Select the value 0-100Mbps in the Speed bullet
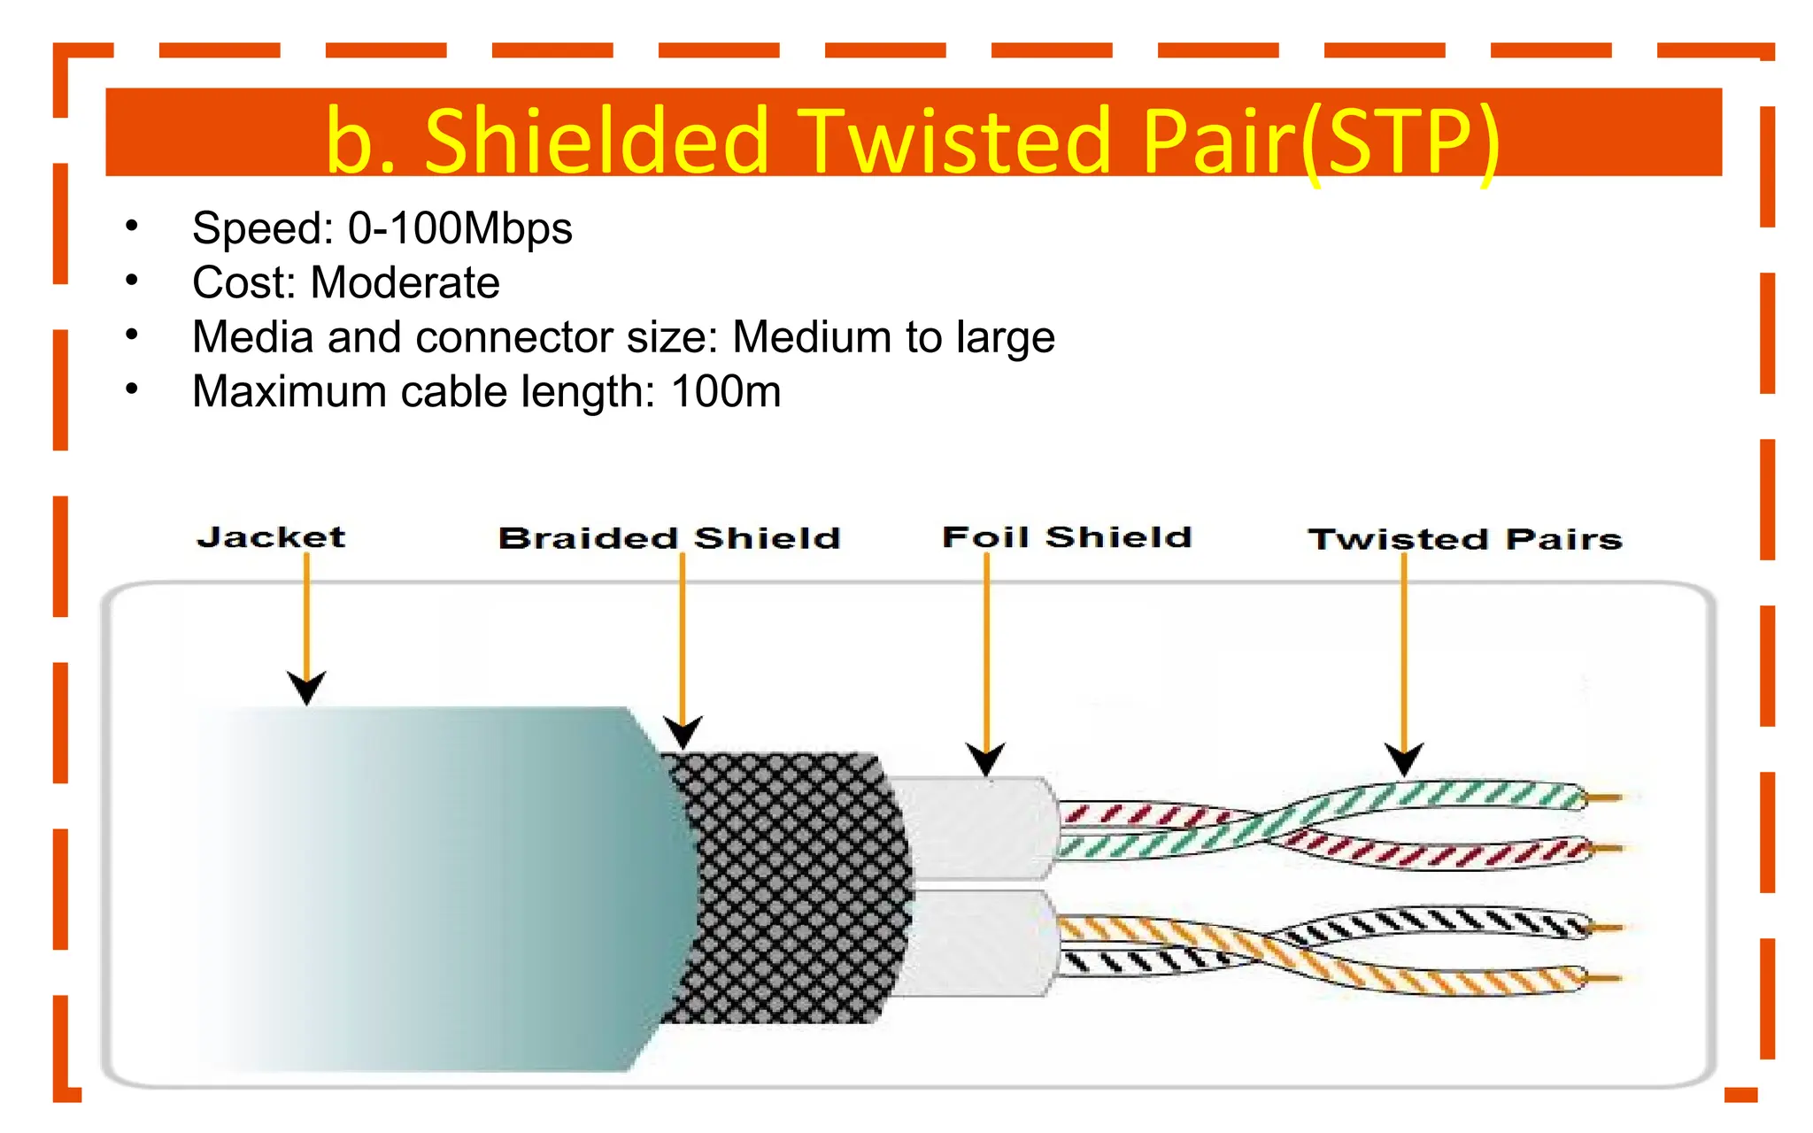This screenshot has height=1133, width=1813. tap(459, 228)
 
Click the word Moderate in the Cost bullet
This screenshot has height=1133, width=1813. tap(405, 283)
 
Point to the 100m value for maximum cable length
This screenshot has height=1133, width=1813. tap(726, 392)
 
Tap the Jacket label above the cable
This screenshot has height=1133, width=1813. tap(271, 537)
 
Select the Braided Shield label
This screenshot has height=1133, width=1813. tap(669, 538)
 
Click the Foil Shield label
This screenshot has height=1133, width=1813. tap(1067, 537)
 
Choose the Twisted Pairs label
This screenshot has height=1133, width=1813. tap(1465, 539)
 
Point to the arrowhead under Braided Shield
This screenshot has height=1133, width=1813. tap(683, 732)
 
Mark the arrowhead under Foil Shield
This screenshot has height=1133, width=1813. tap(985, 759)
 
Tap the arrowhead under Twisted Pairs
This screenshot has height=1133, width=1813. tap(1403, 759)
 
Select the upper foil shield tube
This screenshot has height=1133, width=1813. tap(974, 829)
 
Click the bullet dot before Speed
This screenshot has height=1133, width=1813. tap(132, 227)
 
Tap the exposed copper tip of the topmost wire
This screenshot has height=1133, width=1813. tap(1607, 798)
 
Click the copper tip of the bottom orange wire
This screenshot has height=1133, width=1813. tap(1607, 978)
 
